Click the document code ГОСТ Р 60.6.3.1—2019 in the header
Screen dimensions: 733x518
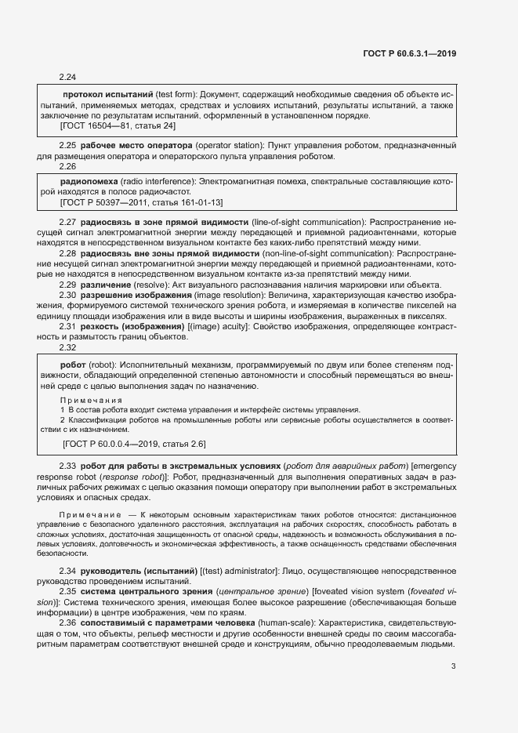coord(410,53)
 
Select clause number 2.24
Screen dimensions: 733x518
coord(67,77)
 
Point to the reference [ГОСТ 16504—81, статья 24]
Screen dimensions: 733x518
coord(118,125)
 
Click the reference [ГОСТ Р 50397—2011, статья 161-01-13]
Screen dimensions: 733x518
coord(141,202)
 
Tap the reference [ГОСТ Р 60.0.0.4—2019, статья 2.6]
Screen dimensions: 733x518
coord(133,444)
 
